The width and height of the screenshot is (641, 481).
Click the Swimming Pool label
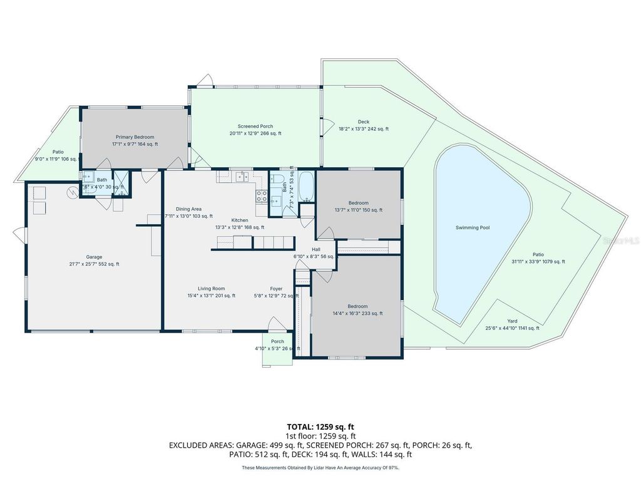(472, 227)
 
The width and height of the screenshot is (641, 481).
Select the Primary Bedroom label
(135, 137)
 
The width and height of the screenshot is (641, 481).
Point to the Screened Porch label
(255, 127)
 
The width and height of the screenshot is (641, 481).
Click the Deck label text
(364, 122)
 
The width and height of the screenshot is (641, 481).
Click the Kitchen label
(240, 220)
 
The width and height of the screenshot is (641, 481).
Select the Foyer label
(276, 289)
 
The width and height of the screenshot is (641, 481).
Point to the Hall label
(316, 249)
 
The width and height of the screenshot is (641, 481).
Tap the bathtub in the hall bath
(306, 186)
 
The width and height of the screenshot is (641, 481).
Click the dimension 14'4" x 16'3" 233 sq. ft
(358, 314)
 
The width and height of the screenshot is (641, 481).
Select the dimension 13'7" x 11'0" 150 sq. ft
(358, 210)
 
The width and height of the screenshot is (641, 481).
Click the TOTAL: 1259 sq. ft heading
(320, 426)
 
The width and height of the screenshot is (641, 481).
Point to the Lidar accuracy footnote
(320, 467)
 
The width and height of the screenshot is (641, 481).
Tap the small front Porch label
(277, 341)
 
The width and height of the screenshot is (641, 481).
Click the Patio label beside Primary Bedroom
(58, 152)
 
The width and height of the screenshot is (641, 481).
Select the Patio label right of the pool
(538, 254)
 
